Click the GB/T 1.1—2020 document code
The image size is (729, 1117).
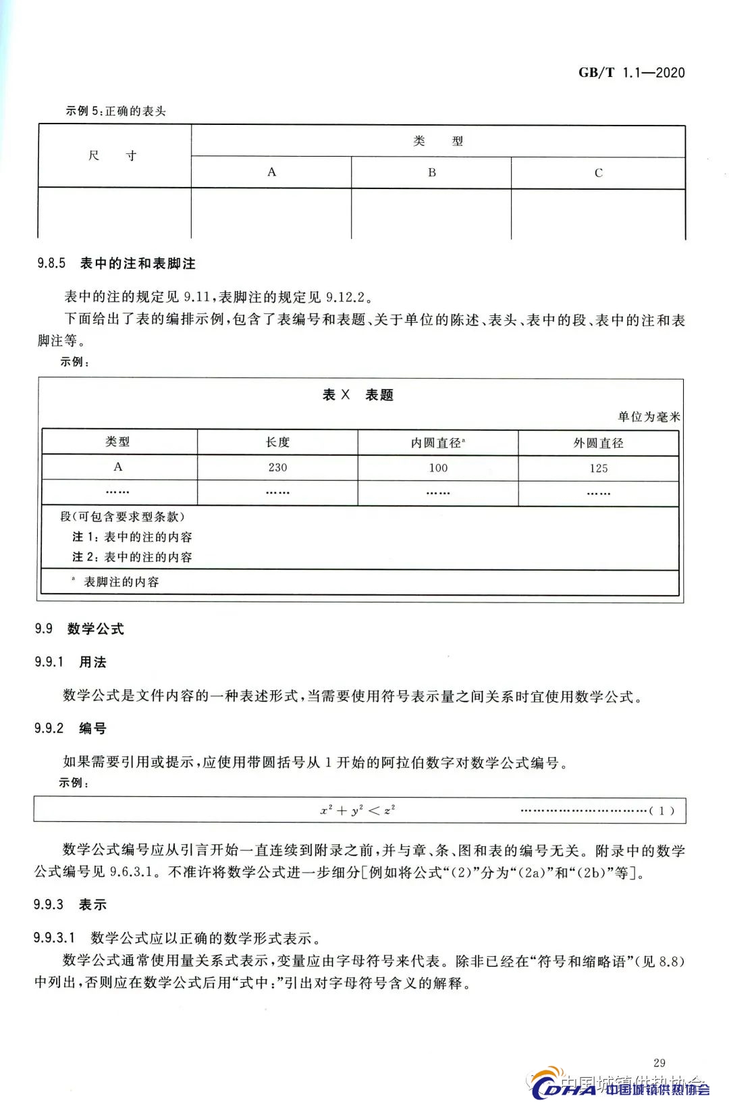coord(631,73)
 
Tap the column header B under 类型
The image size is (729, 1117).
coord(431,172)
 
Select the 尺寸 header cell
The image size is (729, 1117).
coord(113,155)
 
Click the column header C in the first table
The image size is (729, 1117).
coord(598,173)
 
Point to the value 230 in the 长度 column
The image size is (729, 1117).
coord(277,467)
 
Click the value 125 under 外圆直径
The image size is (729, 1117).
coord(598,468)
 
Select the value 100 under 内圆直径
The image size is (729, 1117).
coord(438,467)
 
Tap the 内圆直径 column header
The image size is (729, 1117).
coord(438,443)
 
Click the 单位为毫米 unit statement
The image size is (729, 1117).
coord(649,417)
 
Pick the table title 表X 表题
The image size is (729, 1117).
coord(358,395)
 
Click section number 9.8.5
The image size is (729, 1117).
coord(51,263)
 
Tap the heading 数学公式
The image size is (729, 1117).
coord(96,629)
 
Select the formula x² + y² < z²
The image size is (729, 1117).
coord(358,810)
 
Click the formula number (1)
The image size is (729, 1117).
coord(661,810)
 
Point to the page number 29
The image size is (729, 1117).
coord(659,1062)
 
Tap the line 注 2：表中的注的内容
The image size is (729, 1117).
coord(132,557)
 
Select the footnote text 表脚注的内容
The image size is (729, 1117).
coord(121,582)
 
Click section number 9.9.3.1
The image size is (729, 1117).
coord(54,938)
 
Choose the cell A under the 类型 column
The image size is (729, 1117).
coord(118,467)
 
